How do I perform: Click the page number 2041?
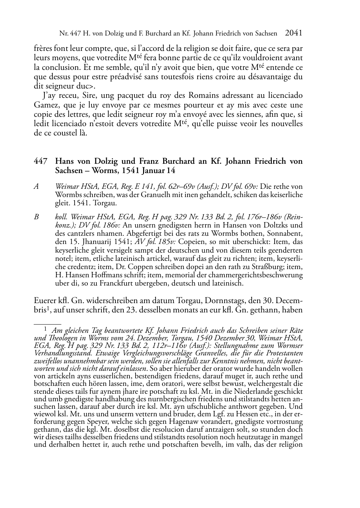[x=294, y=33]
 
